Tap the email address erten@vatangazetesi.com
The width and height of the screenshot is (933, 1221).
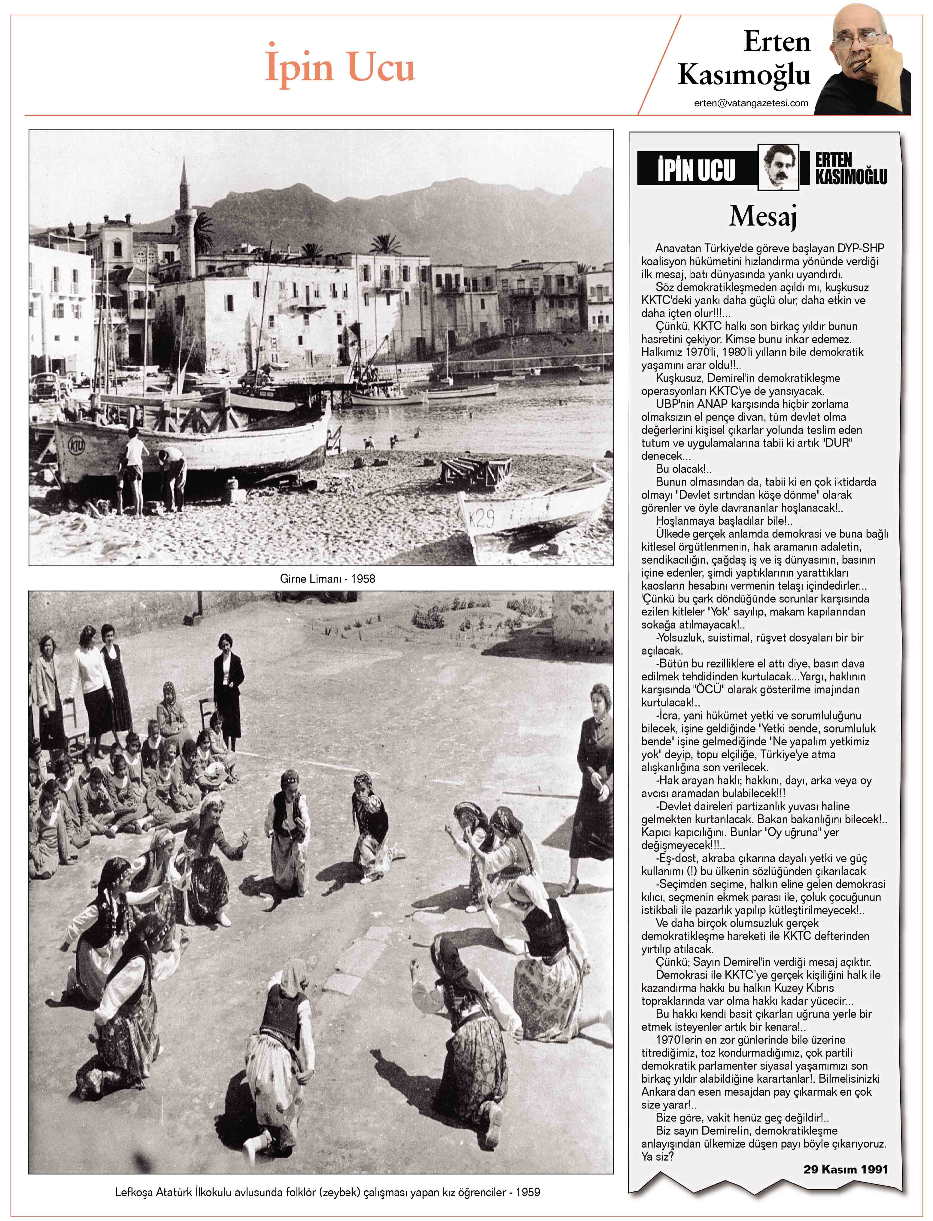pos(751,103)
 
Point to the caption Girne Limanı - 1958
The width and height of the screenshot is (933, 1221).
pos(327,578)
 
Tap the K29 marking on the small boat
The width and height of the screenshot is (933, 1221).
pos(481,519)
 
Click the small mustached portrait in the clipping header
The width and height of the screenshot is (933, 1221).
pos(778,167)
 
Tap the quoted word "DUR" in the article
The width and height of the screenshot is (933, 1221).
pos(838,443)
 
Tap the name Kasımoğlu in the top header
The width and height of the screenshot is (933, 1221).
pos(744,75)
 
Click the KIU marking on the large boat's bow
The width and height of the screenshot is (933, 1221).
pos(77,445)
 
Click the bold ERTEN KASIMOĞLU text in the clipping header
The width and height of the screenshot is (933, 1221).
pos(850,168)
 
